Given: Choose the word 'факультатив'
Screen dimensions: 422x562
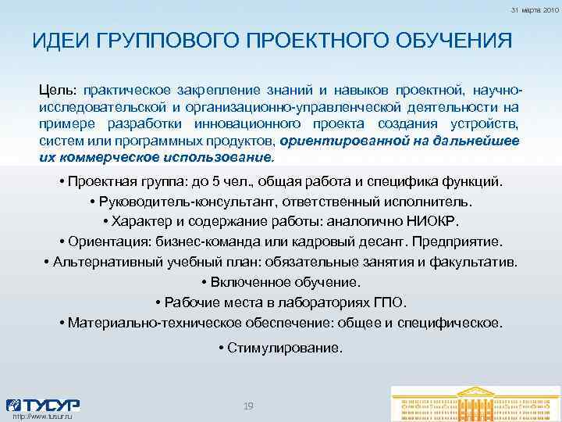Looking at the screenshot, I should pyautogui.click(x=479, y=260).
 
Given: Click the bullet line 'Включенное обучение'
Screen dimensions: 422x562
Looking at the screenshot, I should pyautogui.click(x=280, y=281).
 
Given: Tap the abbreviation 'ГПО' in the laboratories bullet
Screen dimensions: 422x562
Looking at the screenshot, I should pyautogui.click(x=390, y=302).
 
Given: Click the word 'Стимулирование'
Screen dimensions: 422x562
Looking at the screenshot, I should pyautogui.click(x=286, y=348).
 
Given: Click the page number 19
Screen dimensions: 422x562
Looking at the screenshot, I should pyautogui.click(x=249, y=406).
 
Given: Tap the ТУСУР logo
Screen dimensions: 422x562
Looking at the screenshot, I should pyautogui.click(x=43, y=406).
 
